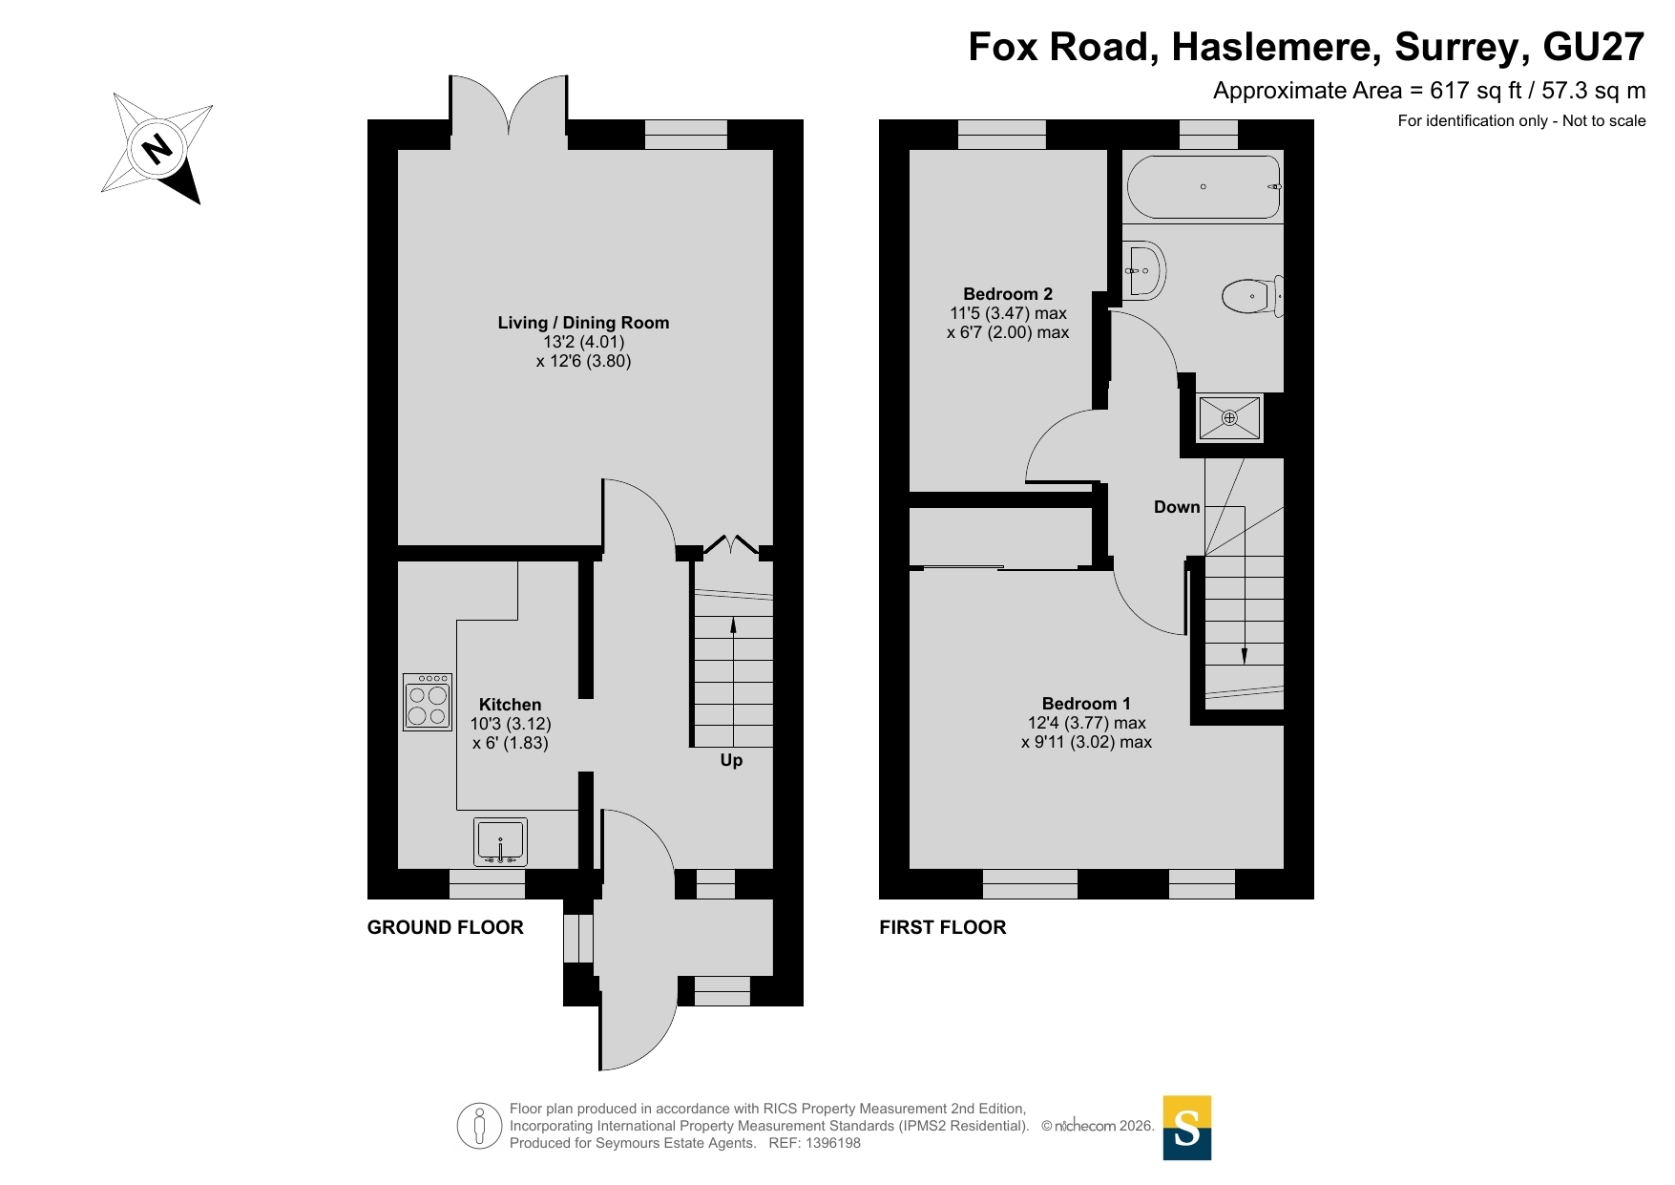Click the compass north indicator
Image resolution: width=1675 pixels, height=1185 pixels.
[x=156, y=148]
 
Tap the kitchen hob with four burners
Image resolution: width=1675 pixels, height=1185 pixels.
[x=428, y=702]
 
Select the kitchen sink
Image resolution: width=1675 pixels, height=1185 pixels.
[x=500, y=842]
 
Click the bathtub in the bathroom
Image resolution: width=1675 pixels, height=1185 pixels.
[x=1204, y=187]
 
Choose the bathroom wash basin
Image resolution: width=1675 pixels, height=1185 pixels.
[x=1143, y=271]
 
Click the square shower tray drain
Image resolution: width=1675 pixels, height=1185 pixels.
[x=1229, y=417]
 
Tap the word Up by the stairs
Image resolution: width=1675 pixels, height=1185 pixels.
[x=731, y=760]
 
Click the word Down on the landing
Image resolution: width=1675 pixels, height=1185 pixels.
[x=1177, y=507]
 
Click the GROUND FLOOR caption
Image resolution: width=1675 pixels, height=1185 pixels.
[x=446, y=927]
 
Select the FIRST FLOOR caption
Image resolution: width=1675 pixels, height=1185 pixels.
[x=943, y=927]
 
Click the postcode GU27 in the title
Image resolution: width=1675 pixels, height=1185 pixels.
[x=1594, y=47]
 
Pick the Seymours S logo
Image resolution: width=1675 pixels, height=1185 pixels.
[x=1187, y=1128]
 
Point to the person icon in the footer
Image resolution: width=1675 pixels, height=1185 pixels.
[x=479, y=1126]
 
